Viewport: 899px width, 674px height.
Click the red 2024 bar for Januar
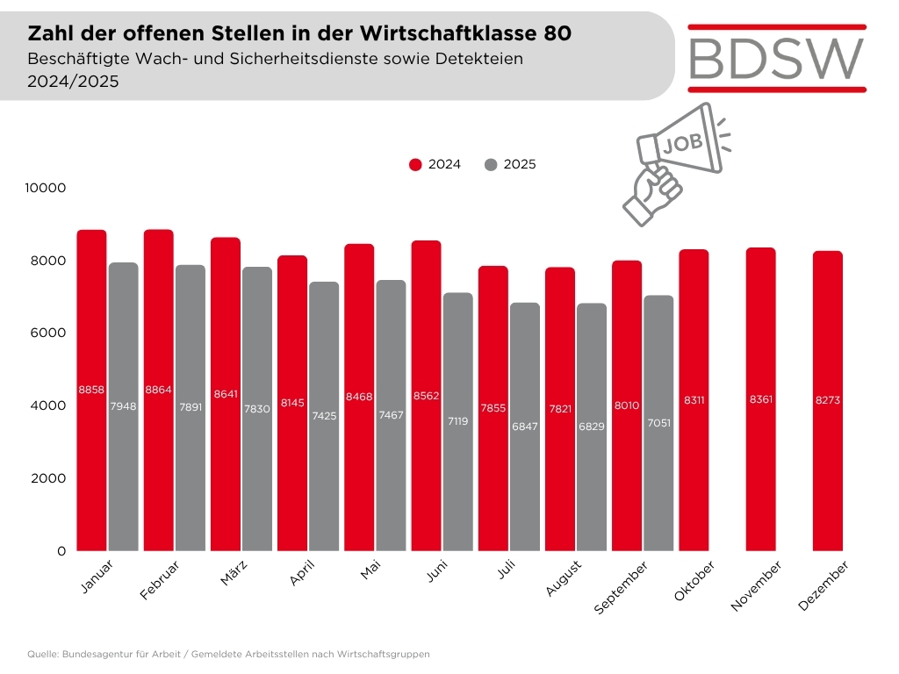91,390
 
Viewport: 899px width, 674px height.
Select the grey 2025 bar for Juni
458,421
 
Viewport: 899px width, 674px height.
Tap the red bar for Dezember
828,400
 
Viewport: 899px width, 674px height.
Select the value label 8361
761,400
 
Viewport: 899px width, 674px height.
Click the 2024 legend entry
435,164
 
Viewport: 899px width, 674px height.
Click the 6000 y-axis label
51,333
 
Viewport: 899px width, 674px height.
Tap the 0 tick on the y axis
61,550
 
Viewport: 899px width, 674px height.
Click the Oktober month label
694,582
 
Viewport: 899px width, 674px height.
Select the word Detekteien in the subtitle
479,59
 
